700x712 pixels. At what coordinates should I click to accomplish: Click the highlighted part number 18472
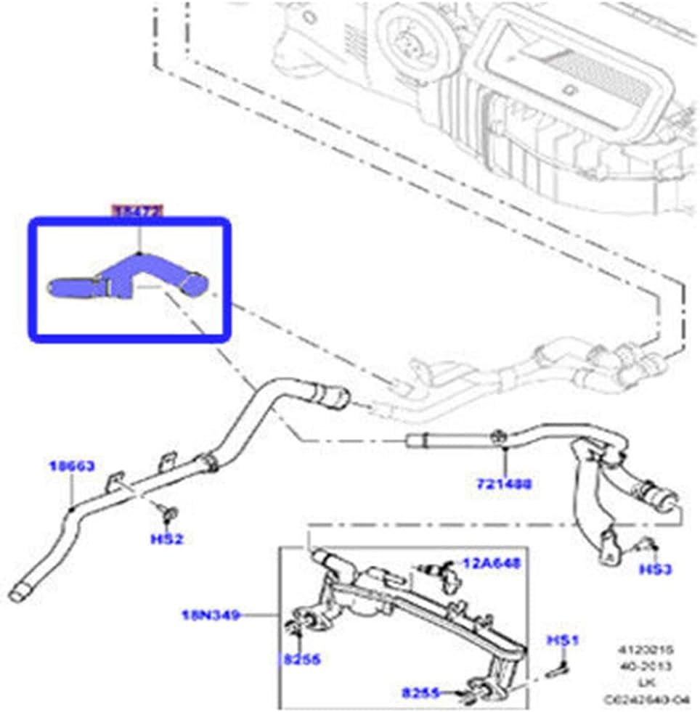pyautogui.click(x=137, y=210)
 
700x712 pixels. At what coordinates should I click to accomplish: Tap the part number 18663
pyautogui.click(x=72, y=467)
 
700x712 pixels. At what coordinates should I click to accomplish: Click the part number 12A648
pyautogui.click(x=492, y=563)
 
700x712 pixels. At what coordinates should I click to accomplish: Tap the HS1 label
pyautogui.click(x=561, y=640)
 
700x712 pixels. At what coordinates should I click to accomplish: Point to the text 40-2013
pyautogui.click(x=654, y=666)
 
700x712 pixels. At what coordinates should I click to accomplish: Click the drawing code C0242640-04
pyautogui.click(x=651, y=699)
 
